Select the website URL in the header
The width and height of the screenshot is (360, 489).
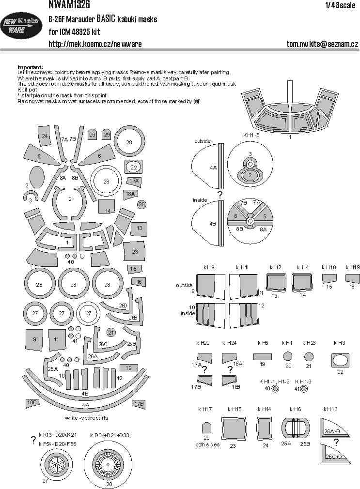coord(95,44)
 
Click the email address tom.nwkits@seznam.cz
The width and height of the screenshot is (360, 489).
coord(322,44)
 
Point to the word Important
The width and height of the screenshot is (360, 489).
coord(30,67)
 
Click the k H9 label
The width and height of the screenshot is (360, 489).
coord(209,267)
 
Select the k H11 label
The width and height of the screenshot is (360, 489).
coord(242,267)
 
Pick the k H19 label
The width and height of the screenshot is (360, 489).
coord(352,267)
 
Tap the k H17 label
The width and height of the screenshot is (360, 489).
coord(205,409)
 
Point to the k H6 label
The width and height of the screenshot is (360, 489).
coord(295,409)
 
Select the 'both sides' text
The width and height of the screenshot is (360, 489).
coord(206,444)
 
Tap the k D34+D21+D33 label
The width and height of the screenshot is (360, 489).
coord(109,435)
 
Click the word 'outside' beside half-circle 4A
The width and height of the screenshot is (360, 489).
coord(202,141)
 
